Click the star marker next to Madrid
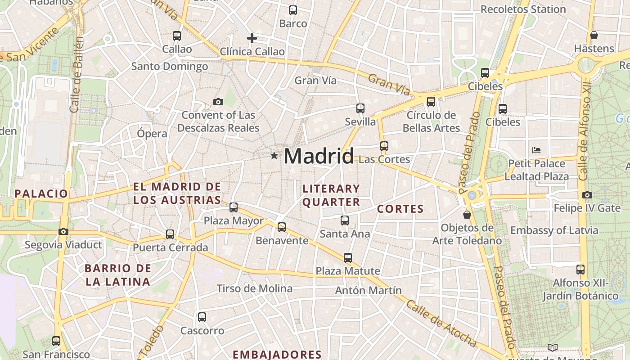[274, 156]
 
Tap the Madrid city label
[319, 156]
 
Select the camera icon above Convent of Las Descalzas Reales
[218, 102]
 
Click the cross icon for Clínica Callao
[252, 38]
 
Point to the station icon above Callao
[177, 36]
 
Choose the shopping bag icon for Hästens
[594, 35]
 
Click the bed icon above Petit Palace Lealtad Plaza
[536, 150]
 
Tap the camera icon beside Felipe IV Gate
[587, 195]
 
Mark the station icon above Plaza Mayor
[234, 207]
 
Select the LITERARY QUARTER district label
[331, 195]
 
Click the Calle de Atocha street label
[441, 323]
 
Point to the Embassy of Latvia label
[554, 230]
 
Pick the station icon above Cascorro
[202, 317]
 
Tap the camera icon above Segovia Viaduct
[63, 232]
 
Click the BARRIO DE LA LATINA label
[118, 275]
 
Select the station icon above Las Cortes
[384, 146]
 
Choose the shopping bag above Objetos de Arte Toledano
[467, 215]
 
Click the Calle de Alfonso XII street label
[585, 132]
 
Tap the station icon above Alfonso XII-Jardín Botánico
[580, 270]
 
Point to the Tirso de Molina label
[254, 288]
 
